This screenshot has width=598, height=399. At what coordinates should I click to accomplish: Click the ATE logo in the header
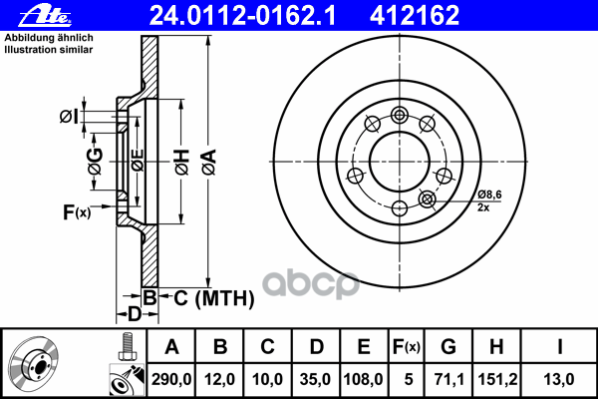(x=30, y=14)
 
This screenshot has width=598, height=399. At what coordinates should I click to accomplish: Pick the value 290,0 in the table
(x=171, y=379)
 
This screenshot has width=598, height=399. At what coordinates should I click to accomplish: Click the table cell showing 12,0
(x=221, y=379)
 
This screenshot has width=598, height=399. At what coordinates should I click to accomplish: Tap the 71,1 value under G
(x=448, y=379)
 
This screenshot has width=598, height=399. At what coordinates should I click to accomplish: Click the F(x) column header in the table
(x=406, y=346)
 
